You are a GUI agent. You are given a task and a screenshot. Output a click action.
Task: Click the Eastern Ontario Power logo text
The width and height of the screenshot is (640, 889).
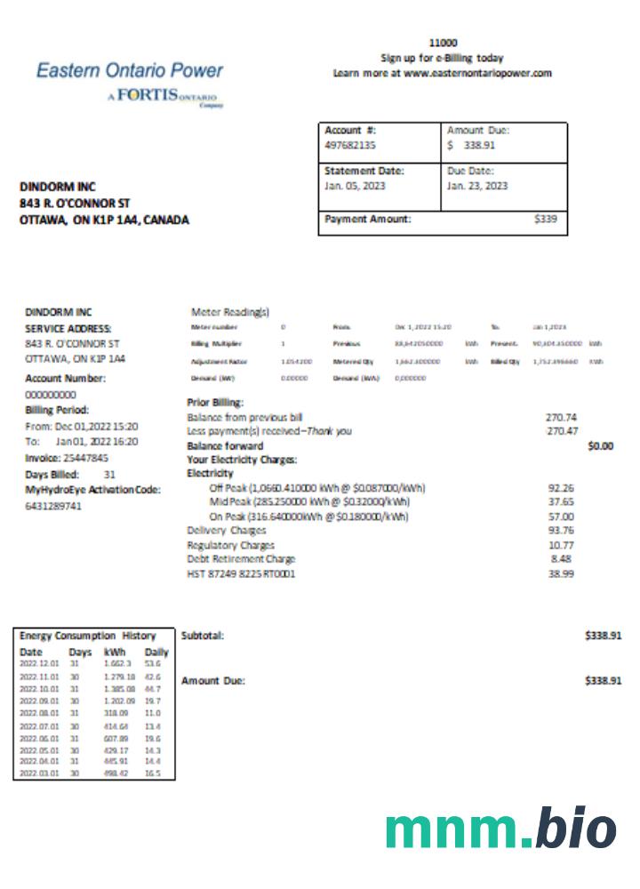[130, 71]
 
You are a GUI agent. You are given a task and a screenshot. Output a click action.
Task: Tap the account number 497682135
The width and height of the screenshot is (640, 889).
[349, 144]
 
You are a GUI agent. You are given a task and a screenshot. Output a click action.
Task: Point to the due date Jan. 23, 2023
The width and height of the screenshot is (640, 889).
[477, 186]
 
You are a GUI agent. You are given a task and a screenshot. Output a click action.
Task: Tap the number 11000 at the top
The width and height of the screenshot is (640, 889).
[442, 42]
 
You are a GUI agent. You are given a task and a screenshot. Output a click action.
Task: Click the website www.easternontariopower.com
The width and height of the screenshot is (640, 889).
[478, 73]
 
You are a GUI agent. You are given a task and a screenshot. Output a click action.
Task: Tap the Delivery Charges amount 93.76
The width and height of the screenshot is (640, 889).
[563, 531]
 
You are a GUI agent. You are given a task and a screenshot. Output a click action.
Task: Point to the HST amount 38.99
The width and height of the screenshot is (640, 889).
[563, 574]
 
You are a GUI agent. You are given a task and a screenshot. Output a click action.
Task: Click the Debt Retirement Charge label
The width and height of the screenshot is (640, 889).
[241, 559]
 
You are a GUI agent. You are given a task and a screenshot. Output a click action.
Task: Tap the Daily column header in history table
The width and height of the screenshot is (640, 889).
[156, 652]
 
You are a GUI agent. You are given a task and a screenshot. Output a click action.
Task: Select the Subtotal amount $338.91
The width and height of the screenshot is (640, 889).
[603, 637]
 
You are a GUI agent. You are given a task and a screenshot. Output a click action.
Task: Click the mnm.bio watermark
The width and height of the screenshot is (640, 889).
[500, 829]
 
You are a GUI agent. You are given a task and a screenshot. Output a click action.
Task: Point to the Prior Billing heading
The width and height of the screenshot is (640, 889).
[216, 402]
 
